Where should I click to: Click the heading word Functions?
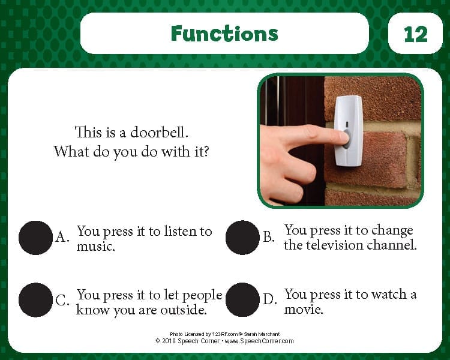(x=224, y=34)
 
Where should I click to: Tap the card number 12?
(x=415, y=34)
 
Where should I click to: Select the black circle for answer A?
(x=35, y=238)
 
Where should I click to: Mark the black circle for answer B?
(x=242, y=238)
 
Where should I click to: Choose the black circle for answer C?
(x=35, y=300)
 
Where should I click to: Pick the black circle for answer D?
(x=242, y=299)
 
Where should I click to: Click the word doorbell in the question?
(x=159, y=133)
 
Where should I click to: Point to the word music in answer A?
(x=95, y=247)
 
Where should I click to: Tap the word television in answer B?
(x=334, y=245)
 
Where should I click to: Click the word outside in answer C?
(x=183, y=310)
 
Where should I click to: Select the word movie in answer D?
(x=304, y=310)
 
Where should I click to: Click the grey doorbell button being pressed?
(x=347, y=139)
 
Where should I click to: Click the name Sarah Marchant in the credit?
(x=262, y=334)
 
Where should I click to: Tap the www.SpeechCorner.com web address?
(x=259, y=341)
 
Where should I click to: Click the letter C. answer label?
(x=62, y=300)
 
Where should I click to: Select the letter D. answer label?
(x=270, y=299)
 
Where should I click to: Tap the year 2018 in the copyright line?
(x=169, y=341)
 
